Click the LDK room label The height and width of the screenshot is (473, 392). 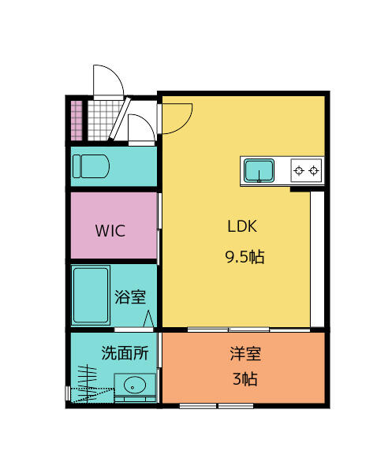(242, 227)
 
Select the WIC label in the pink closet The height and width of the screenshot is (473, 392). (110, 232)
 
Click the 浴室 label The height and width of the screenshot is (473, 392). (130, 297)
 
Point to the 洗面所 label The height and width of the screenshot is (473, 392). (125, 353)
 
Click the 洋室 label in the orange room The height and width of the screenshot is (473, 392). (245, 355)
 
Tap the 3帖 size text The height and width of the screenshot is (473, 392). (245, 378)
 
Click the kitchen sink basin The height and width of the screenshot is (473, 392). (259, 169)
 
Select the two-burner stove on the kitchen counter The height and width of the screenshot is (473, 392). (305, 169)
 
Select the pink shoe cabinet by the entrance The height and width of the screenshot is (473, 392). (77, 119)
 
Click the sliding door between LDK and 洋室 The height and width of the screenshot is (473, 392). (229, 329)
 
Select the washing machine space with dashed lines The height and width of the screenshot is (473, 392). (88, 385)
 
